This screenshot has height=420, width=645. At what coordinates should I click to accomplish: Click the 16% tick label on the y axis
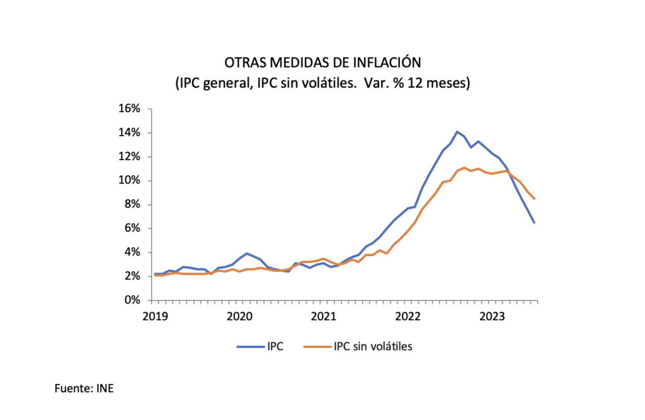(x=130, y=108)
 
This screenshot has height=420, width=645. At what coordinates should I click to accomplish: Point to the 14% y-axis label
(x=130, y=132)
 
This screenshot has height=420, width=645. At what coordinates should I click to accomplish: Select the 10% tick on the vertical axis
(x=130, y=180)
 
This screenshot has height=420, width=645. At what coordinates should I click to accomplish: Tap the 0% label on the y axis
(x=132, y=300)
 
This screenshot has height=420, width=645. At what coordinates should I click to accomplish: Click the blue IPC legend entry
(x=260, y=346)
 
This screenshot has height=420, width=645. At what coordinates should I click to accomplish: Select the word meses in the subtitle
(x=449, y=83)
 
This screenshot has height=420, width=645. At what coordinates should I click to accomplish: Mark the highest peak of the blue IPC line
(x=457, y=132)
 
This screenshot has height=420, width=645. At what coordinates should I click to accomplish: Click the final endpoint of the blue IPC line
(x=534, y=222)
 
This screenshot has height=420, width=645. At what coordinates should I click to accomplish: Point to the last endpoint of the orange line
(x=534, y=199)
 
